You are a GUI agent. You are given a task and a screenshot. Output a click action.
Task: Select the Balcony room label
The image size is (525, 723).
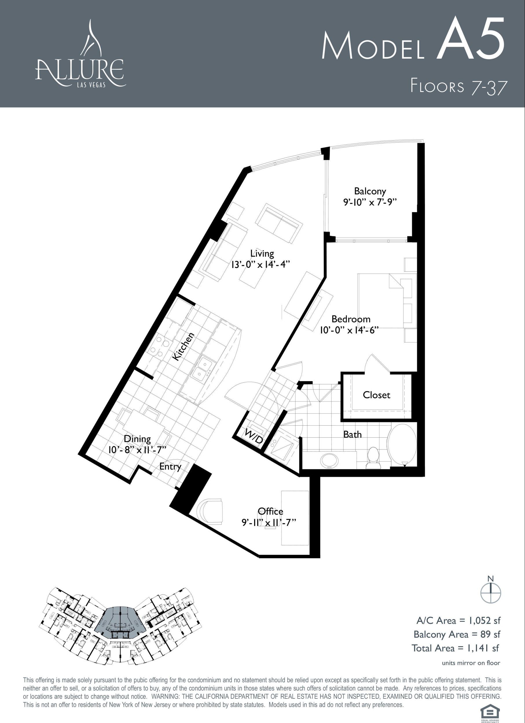[370, 191]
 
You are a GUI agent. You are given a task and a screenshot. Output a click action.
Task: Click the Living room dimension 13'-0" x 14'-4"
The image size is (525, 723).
[261, 265]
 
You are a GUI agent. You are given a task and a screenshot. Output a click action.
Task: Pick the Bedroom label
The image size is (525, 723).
[351, 319]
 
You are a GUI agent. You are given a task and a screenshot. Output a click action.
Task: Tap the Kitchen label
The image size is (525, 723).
[183, 346]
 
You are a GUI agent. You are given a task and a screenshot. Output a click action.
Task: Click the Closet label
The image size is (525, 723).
[376, 395]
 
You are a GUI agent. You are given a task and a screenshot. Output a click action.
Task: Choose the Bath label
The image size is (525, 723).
[353, 434]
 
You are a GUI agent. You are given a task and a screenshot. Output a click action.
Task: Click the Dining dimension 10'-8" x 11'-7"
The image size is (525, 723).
[137, 450]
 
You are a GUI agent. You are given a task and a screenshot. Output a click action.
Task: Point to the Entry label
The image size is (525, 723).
[170, 467]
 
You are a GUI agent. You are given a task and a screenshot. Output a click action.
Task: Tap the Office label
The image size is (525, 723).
[271, 511]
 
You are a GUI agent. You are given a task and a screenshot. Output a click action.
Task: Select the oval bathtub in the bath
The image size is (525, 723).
[402, 445]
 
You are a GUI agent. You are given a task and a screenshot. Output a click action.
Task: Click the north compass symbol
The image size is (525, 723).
[491, 592]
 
